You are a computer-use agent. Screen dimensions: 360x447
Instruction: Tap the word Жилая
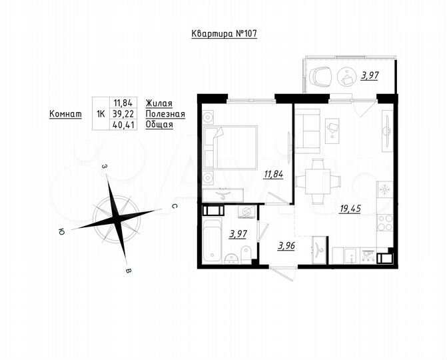click(159, 103)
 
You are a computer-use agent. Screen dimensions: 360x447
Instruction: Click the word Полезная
click(165, 113)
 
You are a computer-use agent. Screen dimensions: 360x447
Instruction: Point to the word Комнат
click(65, 113)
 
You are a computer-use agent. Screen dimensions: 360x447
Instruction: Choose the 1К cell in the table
click(101, 113)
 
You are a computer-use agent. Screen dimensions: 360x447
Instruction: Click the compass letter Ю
click(61, 232)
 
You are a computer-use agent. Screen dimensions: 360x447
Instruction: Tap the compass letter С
click(173, 207)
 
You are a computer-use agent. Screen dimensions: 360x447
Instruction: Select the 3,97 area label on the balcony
click(370, 76)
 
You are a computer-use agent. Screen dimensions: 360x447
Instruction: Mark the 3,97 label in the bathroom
click(238, 233)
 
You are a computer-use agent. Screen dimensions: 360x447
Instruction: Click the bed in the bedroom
click(231, 147)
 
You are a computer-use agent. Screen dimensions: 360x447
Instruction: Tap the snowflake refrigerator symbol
click(384, 189)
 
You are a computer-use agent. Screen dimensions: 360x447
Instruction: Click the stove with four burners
click(384, 222)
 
